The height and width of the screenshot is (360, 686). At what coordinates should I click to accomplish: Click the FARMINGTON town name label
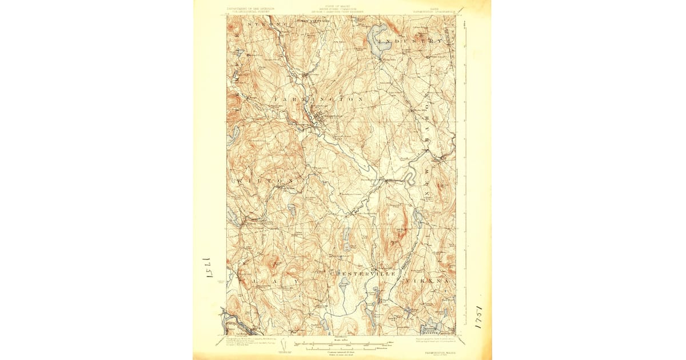pos(319,99)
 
